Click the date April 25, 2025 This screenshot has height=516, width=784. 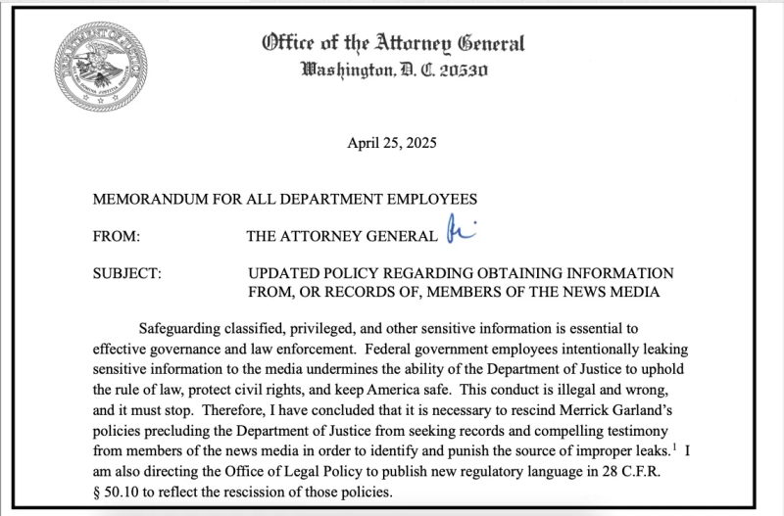pos(392,143)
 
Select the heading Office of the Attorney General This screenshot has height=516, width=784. pos(393,43)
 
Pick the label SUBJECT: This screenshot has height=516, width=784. pos(126,273)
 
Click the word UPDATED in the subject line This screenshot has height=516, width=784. pos(285,273)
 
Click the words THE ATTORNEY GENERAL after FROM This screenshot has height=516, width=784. pos(341,236)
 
